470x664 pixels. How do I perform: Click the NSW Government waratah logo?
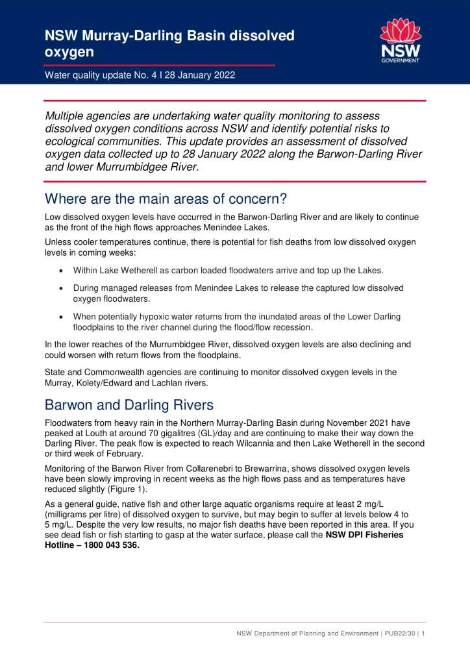click(400, 40)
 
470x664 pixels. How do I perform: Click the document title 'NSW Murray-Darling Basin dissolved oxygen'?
click(169, 43)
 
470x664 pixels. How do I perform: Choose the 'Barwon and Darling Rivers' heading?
click(129, 405)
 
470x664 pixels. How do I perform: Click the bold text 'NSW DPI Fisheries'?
click(364, 535)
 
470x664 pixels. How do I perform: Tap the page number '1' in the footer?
click(423, 633)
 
